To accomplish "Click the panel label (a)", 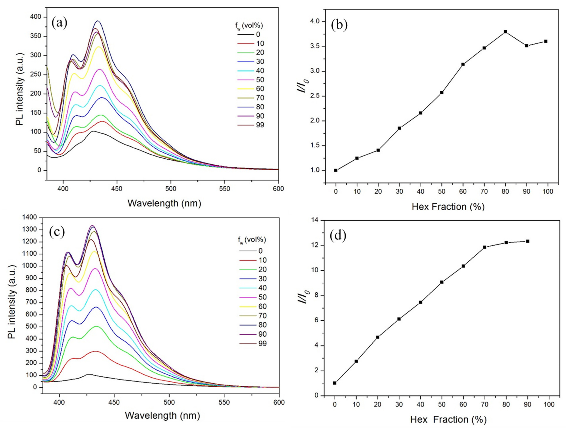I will (x=59, y=23).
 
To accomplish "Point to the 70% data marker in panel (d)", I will (x=485, y=247).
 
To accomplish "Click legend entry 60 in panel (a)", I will (x=260, y=89).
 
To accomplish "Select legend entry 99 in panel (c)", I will (x=262, y=343).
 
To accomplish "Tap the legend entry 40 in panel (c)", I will (x=262, y=288).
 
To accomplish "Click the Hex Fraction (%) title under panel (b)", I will (x=448, y=207).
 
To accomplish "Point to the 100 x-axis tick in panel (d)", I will (x=549, y=405).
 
